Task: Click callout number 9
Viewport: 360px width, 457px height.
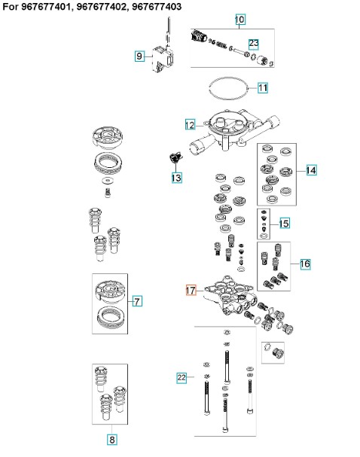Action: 139,56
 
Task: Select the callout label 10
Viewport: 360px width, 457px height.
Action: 240,20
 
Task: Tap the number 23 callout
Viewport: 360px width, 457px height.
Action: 254,44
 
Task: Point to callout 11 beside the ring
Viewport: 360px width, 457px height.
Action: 263,88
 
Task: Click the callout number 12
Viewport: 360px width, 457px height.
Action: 190,125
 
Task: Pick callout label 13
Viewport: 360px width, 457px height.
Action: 177,178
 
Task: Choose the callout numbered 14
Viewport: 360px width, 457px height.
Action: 311,170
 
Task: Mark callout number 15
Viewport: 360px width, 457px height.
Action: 284,224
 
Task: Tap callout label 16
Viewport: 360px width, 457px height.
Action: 305,264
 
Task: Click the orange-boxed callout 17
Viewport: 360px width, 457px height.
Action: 191,291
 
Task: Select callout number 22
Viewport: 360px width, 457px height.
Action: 182,378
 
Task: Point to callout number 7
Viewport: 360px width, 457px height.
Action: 137,301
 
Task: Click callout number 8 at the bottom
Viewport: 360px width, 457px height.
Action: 112,439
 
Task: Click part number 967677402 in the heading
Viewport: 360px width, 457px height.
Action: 101,7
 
